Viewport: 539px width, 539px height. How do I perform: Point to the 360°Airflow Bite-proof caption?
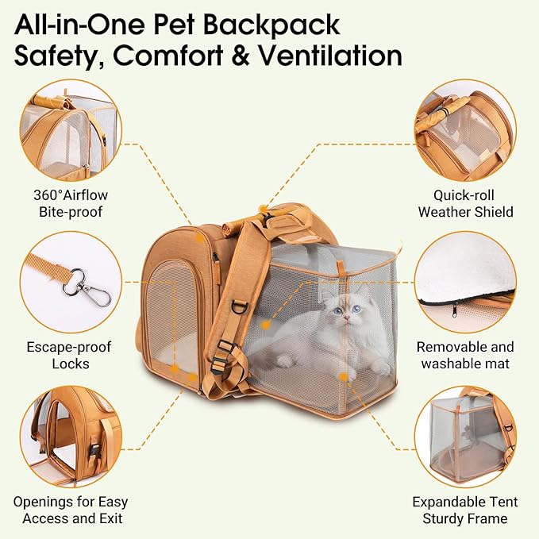[71, 203]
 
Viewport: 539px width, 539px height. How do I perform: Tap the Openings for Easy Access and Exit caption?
[71, 510]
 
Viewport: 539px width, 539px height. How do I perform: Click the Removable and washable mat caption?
[466, 356]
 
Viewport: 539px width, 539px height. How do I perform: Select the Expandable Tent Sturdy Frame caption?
[465, 510]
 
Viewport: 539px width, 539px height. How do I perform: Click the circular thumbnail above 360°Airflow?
[71, 132]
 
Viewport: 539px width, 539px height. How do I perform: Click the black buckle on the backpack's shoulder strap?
[225, 346]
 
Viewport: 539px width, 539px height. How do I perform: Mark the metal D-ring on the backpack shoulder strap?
[240, 306]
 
